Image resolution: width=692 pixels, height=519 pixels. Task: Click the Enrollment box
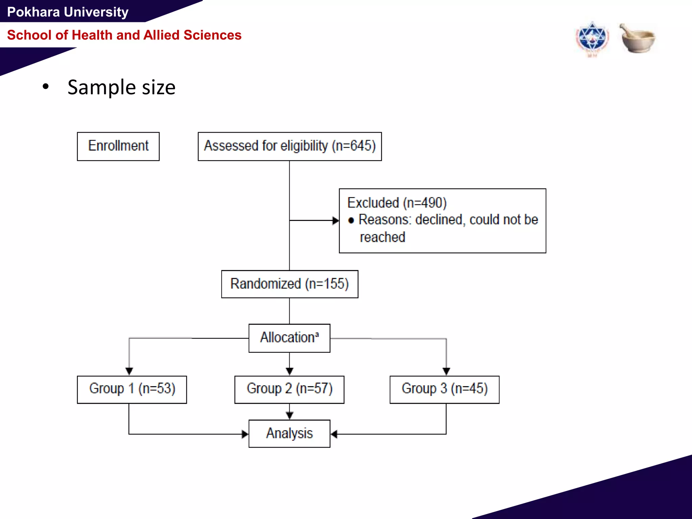click(x=118, y=146)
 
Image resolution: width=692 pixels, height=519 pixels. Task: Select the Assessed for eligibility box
click(x=290, y=146)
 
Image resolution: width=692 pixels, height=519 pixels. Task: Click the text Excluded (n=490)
click(x=397, y=203)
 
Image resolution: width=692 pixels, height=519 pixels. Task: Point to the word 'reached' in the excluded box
click(x=382, y=237)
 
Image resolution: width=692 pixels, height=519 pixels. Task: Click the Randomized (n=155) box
click(x=290, y=284)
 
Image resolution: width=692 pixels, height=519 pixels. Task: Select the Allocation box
click(x=289, y=338)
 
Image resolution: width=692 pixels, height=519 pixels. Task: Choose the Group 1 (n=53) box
click(x=132, y=389)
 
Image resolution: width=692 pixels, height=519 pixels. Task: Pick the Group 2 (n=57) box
click(x=289, y=389)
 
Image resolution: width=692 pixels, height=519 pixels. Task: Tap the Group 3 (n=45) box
click(x=444, y=389)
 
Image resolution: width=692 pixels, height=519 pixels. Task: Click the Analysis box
click(x=289, y=434)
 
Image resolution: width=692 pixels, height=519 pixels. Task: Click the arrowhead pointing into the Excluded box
click(x=336, y=221)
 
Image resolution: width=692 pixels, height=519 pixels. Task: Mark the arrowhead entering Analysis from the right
click(x=334, y=434)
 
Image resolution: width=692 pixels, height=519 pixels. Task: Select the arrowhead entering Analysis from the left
click(x=245, y=434)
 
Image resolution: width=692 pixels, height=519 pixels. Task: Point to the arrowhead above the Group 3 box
click(x=446, y=371)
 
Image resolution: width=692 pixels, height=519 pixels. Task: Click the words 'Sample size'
click(x=121, y=87)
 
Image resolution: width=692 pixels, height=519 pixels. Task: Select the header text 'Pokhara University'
click(x=68, y=12)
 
